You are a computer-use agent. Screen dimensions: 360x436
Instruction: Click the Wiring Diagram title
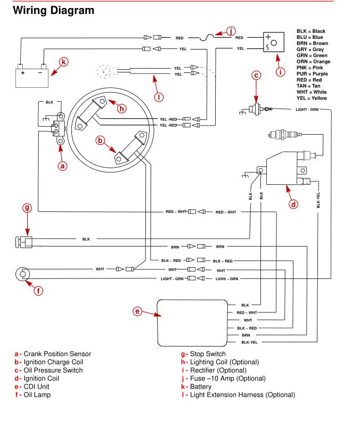click(x=53, y=11)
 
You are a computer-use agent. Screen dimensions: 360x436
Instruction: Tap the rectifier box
click(x=274, y=42)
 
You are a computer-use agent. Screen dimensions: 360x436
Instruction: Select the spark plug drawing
click(x=285, y=135)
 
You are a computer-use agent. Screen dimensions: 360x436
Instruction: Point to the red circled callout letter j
click(x=231, y=31)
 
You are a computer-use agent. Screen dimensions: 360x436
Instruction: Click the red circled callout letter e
click(x=137, y=311)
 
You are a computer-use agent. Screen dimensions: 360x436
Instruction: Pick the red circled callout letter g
click(x=27, y=208)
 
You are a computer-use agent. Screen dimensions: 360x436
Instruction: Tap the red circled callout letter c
click(x=256, y=76)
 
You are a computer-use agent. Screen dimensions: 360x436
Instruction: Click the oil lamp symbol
click(x=23, y=274)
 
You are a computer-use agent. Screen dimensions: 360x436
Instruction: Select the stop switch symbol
click(x=24, y=242)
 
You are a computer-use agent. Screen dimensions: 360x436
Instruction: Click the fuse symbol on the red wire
click(x=207, y=38)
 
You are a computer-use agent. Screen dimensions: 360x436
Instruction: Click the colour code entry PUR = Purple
click(x=312, y=74)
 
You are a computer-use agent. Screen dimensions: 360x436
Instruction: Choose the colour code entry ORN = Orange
click(x=313, y=62)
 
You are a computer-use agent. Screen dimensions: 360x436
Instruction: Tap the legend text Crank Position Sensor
click(x=58, y=354)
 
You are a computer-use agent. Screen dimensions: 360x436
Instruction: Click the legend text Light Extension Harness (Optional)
click(x=242, y=395)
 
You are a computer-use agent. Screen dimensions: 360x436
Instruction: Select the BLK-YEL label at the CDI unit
click(x=249, y=342)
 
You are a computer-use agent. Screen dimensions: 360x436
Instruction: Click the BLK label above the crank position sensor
click(x=50, y=102)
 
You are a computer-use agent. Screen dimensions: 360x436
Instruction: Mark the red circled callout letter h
click(x=121, y=108)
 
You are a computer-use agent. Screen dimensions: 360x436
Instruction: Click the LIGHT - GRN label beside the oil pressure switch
click(x=307, y=110)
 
